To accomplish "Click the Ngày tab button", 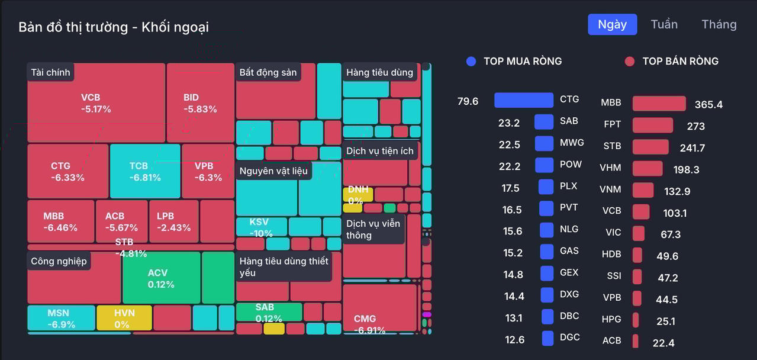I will [x=612, y=24].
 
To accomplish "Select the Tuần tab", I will [x=664, y=24].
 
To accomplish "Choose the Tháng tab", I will [x=719, y=24].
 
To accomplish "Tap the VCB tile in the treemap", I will [x=96, y=103].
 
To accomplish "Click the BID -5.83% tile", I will [x=200, y=103].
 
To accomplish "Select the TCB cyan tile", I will [x=145, y=171].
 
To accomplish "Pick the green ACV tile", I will [x=161, y=278].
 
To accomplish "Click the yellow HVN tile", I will [x=124, y=318].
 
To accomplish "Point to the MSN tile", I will [x=61, y=318].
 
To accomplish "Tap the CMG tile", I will [x=379, y=308].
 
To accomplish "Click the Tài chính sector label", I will [x=50, y=72].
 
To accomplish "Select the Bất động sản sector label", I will [x=268, y=72].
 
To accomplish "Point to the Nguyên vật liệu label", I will [x=273, y=171].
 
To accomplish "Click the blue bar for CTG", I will [x=523, y=100].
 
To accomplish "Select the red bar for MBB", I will [x=659, y=104].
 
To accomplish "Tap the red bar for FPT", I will [x=652, y=126].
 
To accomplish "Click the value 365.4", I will [x=708, y=105].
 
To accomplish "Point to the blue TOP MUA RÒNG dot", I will [x=471, y=61].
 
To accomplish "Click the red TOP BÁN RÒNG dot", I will [x=630, y=61].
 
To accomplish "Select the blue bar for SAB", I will [x=543, y=122].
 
